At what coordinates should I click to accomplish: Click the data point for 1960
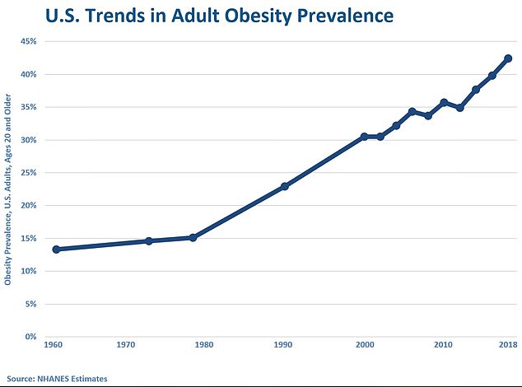pyautogui.click(x=56, y=249)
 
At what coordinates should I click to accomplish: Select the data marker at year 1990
pyautogui.click(x=285, y=186)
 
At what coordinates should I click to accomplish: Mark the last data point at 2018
pyautogui.click(x=508, y=58)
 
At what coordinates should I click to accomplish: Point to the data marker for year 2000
pyautogui.click(x=364, y=137)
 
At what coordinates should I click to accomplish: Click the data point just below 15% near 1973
pyautogui.click(x=149, y=241)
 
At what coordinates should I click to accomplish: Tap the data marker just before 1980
pyautogui.click(x=193, y=237)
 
